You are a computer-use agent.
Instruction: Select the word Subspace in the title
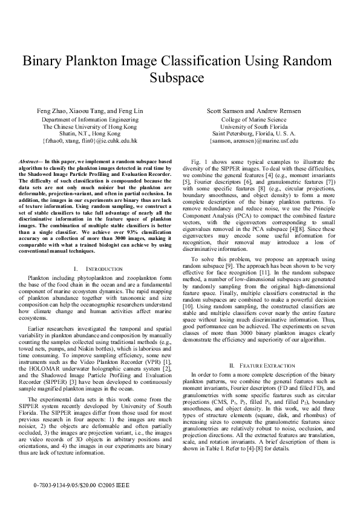180,78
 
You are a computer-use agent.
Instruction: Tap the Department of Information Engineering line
90,120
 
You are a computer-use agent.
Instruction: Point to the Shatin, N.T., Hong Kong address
90,134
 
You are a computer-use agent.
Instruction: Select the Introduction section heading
97,268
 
